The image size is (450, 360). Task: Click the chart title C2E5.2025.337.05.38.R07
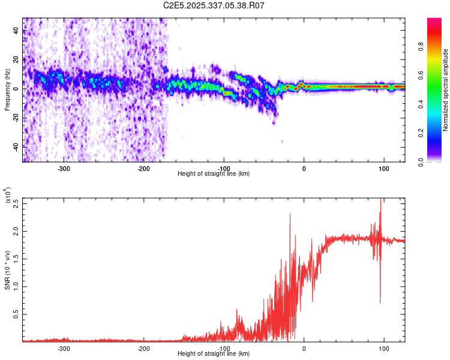pos(214,5)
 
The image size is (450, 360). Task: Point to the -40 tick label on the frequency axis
pos(16,146)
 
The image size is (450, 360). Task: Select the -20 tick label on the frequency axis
pos(16,118)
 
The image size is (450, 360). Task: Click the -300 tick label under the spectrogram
pos(64,169)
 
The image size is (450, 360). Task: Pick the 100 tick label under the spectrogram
pos(383,169)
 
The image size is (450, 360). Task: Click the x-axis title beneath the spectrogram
pos(214,174)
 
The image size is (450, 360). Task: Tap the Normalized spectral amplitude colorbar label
pos(446,90)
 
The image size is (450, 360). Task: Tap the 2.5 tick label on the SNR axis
pos(16,203)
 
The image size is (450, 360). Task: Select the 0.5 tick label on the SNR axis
pos(16,314)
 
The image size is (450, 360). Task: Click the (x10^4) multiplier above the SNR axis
pos(8,196)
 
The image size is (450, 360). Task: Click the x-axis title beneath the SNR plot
pos(214,354)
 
